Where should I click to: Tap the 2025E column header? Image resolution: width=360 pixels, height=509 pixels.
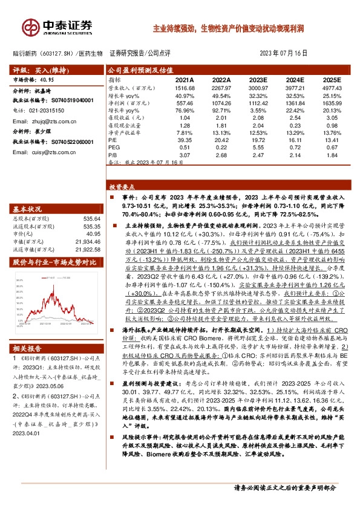[331, 79]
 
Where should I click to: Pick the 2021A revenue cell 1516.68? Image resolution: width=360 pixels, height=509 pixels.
[184, 87]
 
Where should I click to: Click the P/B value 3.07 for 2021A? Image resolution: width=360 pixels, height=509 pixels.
[185, 156]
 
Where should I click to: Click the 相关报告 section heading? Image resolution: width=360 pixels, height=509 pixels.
[25, 349]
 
